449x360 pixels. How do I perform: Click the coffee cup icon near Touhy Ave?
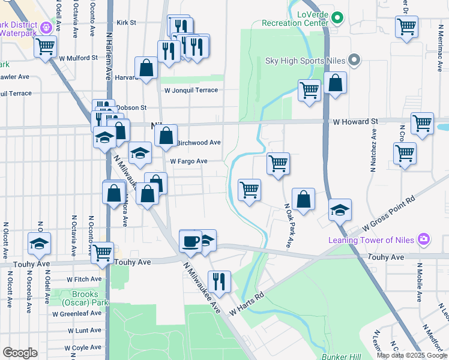(191, 241)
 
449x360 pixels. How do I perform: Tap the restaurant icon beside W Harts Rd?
(219, 281)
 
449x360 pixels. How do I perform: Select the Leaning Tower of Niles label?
(371, 240)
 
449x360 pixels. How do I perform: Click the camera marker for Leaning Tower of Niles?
(424, 239)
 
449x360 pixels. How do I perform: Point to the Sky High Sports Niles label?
(306, 60)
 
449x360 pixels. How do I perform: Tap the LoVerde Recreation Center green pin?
(337, 17)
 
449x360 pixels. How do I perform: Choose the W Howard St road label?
(355, 121)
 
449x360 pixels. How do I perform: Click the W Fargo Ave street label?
(188, 161)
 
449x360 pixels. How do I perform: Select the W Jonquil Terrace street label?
(191, 90)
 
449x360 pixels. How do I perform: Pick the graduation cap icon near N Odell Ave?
(40, 244)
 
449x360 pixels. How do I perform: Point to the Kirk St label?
(127, 22)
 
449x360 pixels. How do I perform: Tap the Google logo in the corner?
(20, 352)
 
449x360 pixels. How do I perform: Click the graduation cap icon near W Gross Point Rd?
(340, 210)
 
